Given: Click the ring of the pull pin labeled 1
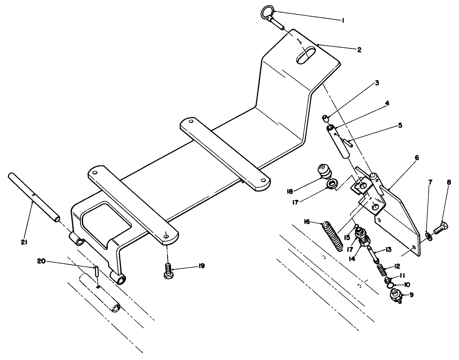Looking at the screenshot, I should click(x=267, y=14).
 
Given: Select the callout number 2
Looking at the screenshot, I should click(x=359, y=50).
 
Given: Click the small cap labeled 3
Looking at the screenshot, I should click(x=325, y=119).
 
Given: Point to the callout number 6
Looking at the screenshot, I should click(x=416, y=158).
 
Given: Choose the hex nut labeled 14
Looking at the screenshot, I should click(x=362, y=242).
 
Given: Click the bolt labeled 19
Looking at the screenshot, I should click(x=168, y=276).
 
